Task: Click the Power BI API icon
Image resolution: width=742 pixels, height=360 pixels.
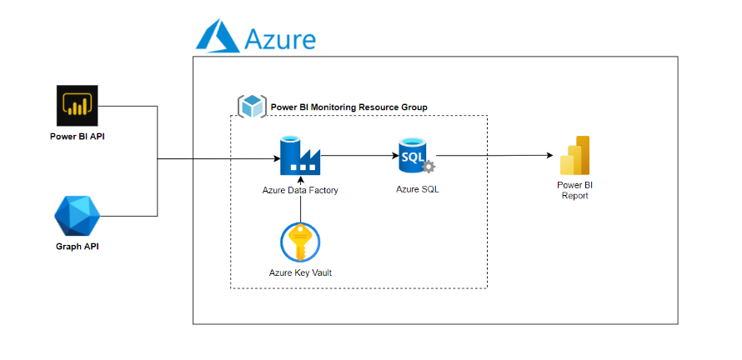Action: pos(78,106)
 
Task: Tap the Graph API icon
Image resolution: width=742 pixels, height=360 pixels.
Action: pos(77,217)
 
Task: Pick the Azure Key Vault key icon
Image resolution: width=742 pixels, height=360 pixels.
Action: pos(299,242)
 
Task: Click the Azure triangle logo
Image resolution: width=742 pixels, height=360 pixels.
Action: pos(216,37)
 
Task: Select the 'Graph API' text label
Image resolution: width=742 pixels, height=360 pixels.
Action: pos(77,247)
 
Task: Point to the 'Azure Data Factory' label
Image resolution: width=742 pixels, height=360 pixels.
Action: pos(300,191)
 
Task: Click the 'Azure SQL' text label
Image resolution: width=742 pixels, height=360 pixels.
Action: pos(417,189)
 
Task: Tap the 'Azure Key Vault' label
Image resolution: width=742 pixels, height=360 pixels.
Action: pos(300,272)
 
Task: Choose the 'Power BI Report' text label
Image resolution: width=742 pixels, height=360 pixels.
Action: pos(574,190)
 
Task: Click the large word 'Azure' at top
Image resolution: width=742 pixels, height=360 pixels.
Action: pos(280,38)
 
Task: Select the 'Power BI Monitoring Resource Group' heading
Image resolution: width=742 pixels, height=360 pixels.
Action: pos(348,107)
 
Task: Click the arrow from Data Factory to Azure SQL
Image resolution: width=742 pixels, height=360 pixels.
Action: pos(358,155)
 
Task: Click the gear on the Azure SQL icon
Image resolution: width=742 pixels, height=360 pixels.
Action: pos(429,166)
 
